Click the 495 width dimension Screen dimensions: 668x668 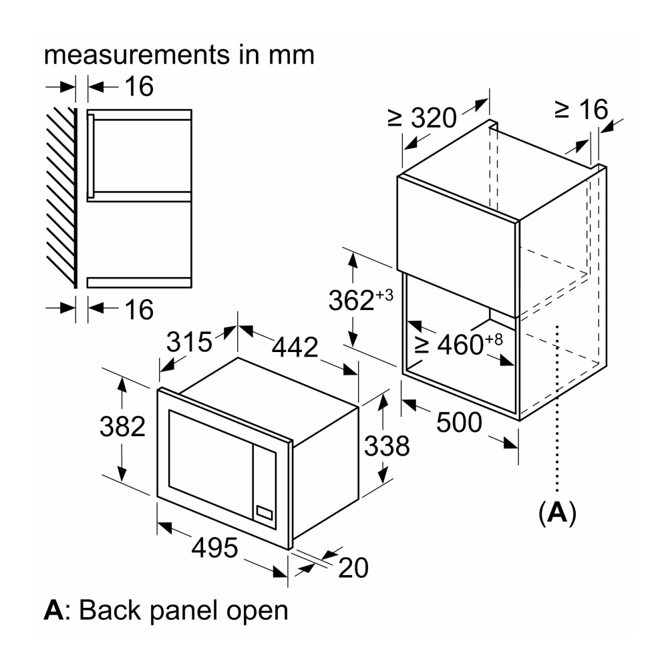(x=214, y=548)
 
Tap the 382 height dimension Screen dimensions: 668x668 (x=122, y=426)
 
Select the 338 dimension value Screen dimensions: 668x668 (x=386, y=446)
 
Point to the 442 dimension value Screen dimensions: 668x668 (x=294, y=347)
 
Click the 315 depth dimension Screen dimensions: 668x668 (x=189, y=342)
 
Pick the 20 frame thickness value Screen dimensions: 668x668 (x=353, y=568)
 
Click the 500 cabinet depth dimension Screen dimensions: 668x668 (x=458, y=422)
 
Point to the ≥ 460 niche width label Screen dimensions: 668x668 (x=458, y=344)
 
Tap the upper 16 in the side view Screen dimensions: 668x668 (x=139, y=86)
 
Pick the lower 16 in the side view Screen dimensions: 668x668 (x=139, y=309)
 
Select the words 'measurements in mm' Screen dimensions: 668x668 (x=179, y=54)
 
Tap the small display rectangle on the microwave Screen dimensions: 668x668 (x=265, y=514)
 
